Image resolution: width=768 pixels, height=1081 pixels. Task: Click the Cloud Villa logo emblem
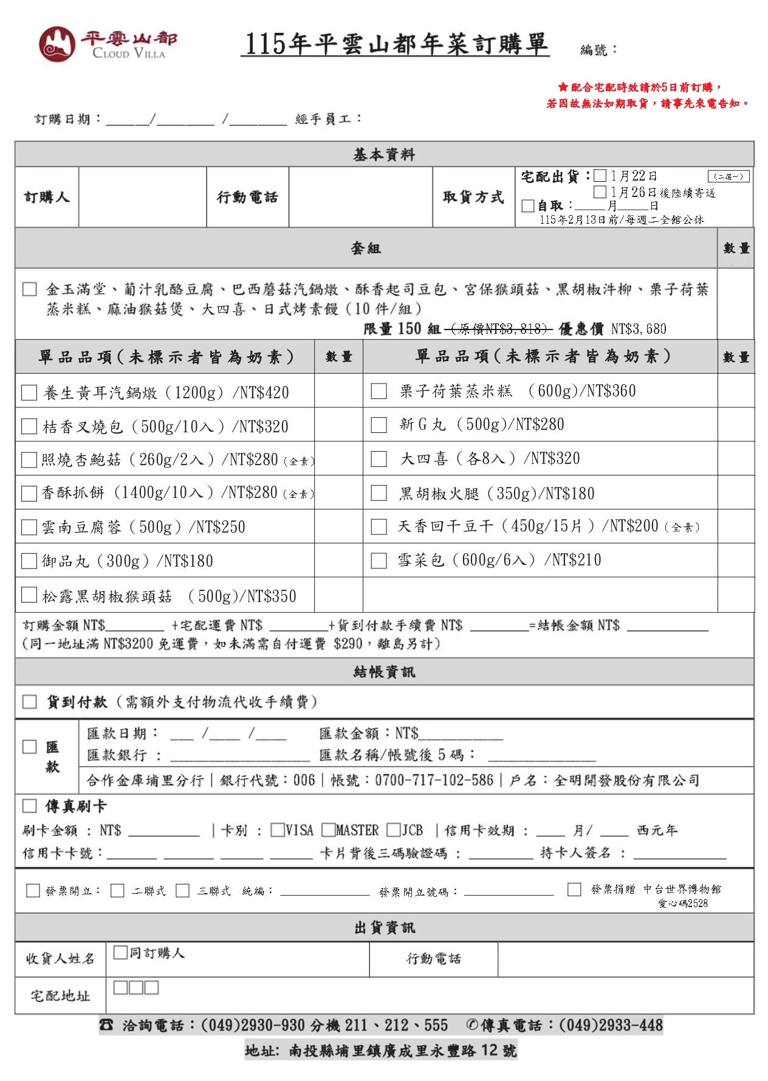(57, 44)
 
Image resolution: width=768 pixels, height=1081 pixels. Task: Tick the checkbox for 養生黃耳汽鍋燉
(29, 392)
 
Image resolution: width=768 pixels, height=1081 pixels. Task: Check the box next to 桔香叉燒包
(29, 426)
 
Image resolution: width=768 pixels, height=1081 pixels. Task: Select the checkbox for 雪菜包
(379, 560)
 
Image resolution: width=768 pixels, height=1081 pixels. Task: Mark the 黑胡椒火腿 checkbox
(379, 492)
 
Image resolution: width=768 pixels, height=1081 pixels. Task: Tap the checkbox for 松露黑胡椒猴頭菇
(29, 595)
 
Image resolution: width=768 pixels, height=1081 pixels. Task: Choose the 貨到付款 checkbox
(29, 702)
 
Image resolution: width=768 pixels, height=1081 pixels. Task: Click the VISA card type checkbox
(278, 830)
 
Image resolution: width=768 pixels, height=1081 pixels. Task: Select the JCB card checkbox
(394, 830)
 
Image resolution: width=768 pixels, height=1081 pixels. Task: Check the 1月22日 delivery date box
(600, 176)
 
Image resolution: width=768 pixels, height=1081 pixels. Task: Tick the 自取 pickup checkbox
(528, 206)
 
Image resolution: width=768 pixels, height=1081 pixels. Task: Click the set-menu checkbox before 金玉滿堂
(29, 289)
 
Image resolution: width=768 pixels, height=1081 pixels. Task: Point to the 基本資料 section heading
(384, 154)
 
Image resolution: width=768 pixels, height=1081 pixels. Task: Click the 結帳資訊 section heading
(384, 672)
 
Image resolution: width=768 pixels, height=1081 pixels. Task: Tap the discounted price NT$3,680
(638, 330)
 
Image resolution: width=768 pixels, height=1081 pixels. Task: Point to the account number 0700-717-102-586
(434, 780)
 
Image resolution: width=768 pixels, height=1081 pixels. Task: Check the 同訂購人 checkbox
(120, 952)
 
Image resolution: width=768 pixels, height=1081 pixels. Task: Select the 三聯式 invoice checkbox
(182, 891)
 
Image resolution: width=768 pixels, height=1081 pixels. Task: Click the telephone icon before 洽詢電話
(106, 1026)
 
